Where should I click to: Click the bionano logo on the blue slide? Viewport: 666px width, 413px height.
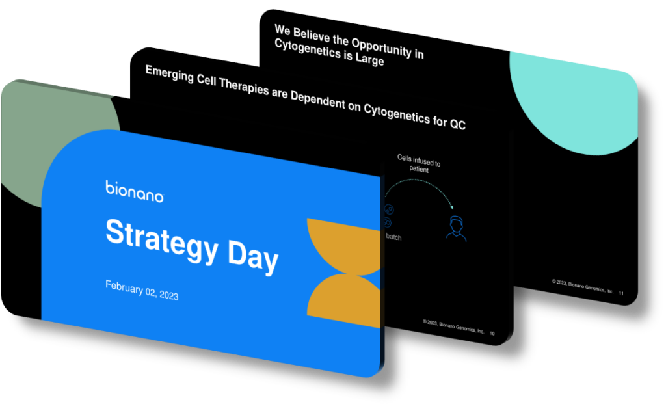(134, 192)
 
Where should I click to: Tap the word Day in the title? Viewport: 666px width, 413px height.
(253, 256)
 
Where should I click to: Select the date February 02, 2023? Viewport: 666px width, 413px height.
(142, 290)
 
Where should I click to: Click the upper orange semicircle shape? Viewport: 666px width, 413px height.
(343, 245)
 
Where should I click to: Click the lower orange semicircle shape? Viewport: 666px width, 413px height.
(343, 302)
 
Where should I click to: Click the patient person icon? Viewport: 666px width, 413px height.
(456, 228)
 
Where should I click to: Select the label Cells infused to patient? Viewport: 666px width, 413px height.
(419, 164)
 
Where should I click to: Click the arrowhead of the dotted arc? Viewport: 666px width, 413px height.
(451, 207)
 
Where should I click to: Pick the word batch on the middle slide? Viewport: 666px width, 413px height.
(393, 237)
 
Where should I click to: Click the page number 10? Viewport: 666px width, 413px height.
(492, 334)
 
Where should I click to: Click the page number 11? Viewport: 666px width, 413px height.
(621, 293)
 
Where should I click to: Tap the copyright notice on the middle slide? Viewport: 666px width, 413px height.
(453, 326)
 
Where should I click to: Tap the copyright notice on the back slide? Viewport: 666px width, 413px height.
(583, 286)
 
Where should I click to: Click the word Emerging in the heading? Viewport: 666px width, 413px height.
(170, 75)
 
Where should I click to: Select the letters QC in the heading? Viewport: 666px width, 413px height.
(458, 124)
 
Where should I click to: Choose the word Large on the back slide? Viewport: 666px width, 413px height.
(369, 59)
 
